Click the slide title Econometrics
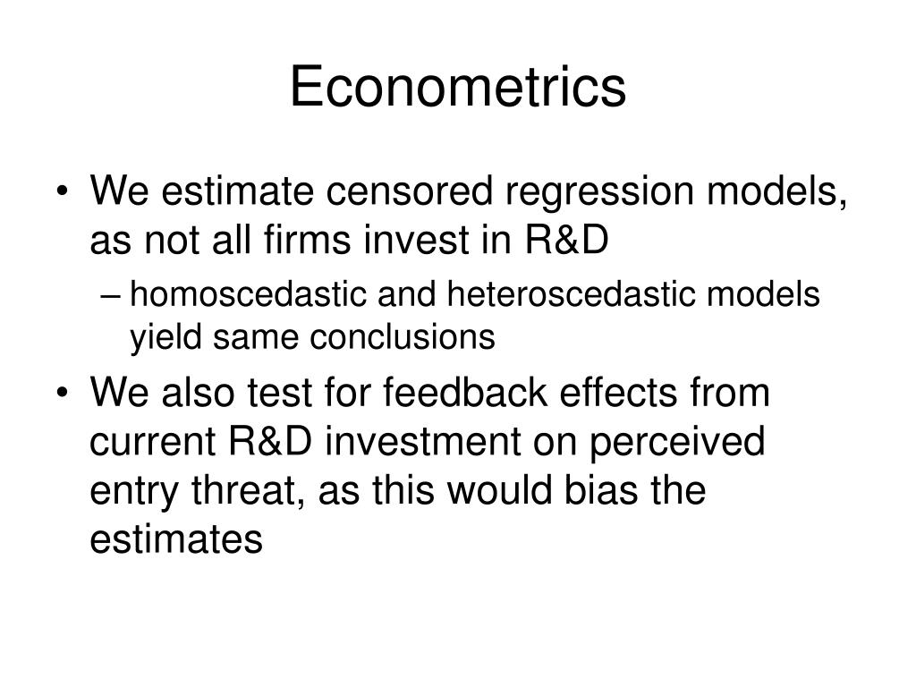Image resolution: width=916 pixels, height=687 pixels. click(457, 88)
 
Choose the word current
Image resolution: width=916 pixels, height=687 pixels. click(156, 443)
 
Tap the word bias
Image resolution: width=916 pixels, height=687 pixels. click(581, 491)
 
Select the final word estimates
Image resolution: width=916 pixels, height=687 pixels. click(176, 539)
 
